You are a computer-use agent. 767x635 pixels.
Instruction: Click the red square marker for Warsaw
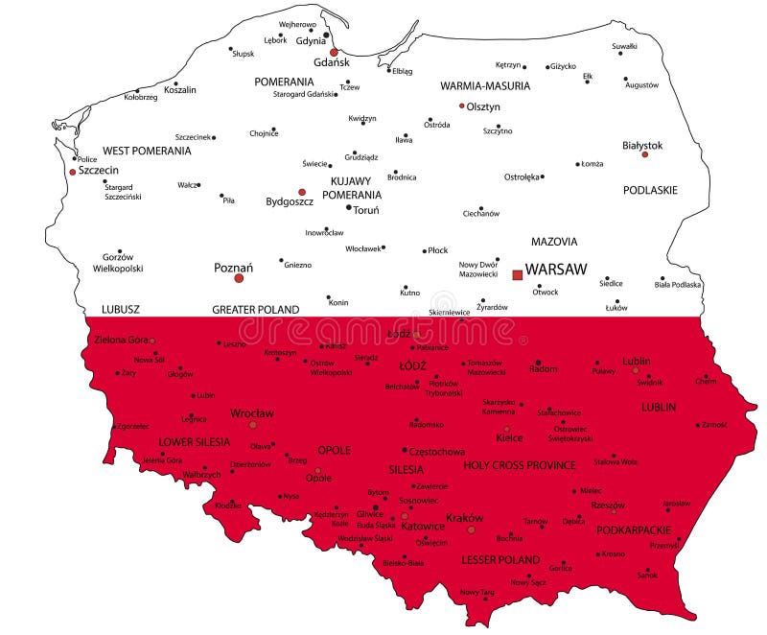click(518, 274)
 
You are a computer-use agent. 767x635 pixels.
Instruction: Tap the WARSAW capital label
click(556, 270)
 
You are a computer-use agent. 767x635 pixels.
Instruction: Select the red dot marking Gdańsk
click(334, 53)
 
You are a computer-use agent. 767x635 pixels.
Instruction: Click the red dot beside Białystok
click(644, 154)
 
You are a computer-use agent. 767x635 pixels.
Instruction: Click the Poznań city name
click(233, 268)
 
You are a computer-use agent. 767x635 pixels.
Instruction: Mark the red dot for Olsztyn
click(461, 106)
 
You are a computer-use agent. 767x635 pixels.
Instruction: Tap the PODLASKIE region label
click(650, 190)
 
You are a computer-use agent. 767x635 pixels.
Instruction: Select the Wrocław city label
click(252, 413)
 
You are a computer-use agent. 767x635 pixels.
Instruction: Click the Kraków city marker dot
click(471, 529)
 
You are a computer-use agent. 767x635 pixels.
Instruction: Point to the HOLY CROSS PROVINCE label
click(520, 465)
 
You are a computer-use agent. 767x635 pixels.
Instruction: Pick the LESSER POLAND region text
click(500, 559)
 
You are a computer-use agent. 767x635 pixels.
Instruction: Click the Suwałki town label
click(625, 46)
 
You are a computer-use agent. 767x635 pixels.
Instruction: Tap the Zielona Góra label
click(121, 340)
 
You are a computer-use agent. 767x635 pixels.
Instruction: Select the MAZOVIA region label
click(554, 242)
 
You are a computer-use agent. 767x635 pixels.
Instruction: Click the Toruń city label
click(366, 210)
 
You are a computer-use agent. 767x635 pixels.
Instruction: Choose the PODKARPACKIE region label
click(634, 529)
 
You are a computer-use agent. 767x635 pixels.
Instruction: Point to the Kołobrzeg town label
click(140, 97)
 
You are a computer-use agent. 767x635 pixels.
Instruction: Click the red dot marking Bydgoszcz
click(302, 192)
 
